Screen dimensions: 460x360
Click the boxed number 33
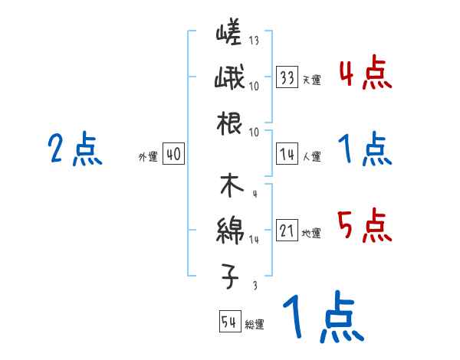tap(287, 77)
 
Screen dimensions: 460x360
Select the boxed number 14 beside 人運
tap(287, 155)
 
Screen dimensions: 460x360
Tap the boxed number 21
tap(287, 231)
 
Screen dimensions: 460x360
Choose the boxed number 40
tap(173, 155)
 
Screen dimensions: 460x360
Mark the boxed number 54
tap(229, 322)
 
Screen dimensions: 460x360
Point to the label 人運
tap(311, 157)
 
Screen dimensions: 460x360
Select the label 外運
tap(147, 157)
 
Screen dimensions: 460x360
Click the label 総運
tap(254, 324)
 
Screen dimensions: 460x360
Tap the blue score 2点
tap(74, 149)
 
